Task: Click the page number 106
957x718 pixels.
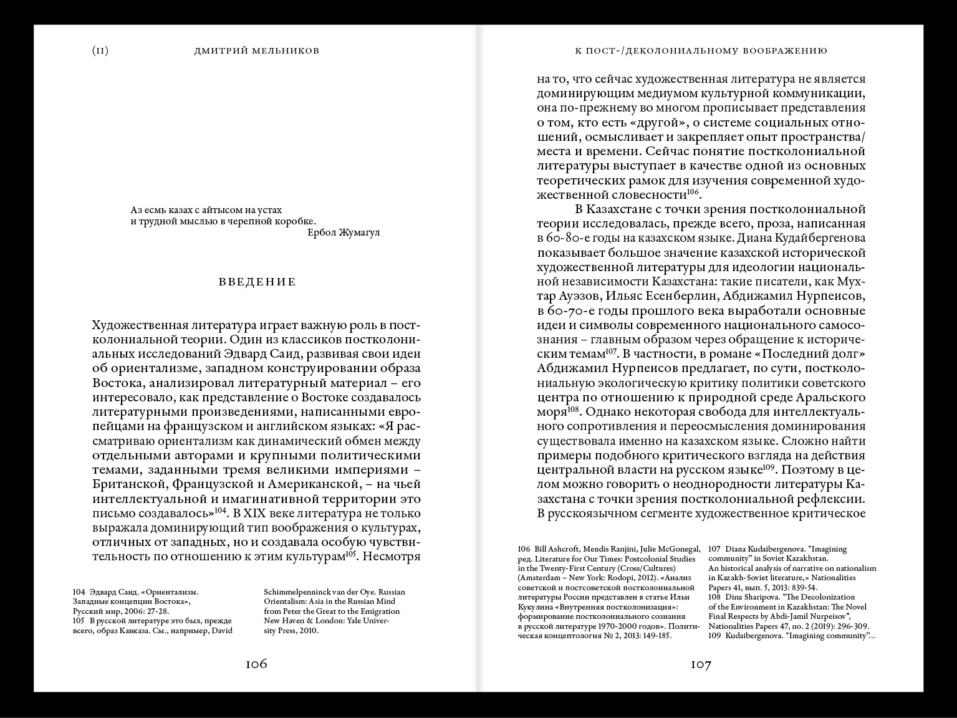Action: [256, 664]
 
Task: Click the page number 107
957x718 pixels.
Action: [701, 665]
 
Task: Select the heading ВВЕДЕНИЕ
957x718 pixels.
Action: [257, 282]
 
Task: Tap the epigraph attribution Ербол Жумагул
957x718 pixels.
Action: [344, 232]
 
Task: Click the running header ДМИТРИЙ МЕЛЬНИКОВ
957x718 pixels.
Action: [257, 50]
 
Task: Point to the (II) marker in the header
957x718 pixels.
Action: [100, 50]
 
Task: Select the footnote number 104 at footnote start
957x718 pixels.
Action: [79, 591]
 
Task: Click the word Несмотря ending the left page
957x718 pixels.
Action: [392, 557]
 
